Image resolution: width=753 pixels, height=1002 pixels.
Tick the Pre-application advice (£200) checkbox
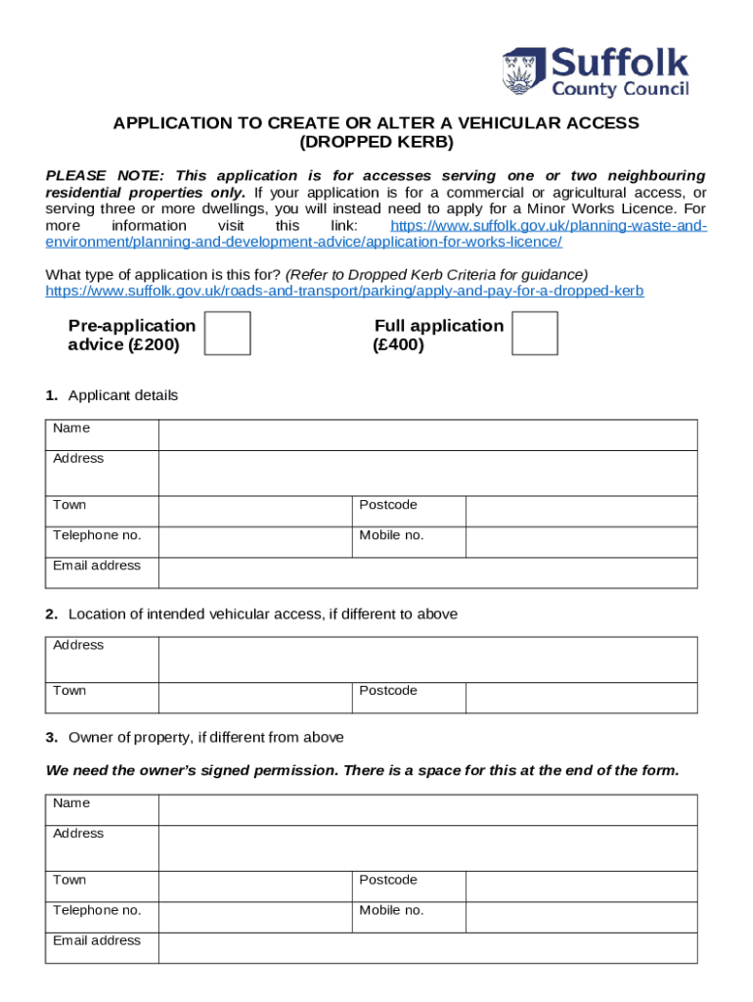[228, 334]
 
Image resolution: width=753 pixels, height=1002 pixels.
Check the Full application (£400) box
[535, 334]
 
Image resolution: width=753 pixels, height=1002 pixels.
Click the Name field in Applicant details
[427, 434]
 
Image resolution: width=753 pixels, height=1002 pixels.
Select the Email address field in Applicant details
[427, 572]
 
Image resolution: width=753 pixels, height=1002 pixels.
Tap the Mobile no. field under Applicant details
[581, 542]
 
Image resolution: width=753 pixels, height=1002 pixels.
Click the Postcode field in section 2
[581, 697]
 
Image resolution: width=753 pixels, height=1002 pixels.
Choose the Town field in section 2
[254, 697]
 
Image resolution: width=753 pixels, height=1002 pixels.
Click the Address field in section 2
[427, 659]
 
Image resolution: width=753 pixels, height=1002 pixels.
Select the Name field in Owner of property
[427, 809]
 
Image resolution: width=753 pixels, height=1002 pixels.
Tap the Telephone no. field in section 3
[254, 917]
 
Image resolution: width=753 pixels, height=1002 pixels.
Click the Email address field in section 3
[427, 947]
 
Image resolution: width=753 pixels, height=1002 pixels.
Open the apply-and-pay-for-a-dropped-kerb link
[344, 292]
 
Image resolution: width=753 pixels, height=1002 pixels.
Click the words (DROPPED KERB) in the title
[376, 142]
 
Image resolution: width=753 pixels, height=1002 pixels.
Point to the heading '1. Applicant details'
[111, 395]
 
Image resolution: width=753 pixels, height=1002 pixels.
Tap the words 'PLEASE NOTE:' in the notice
[95, 176]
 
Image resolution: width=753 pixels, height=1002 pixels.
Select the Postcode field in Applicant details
[581, 511]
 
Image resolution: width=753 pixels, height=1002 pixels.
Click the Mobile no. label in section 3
[391, 910]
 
